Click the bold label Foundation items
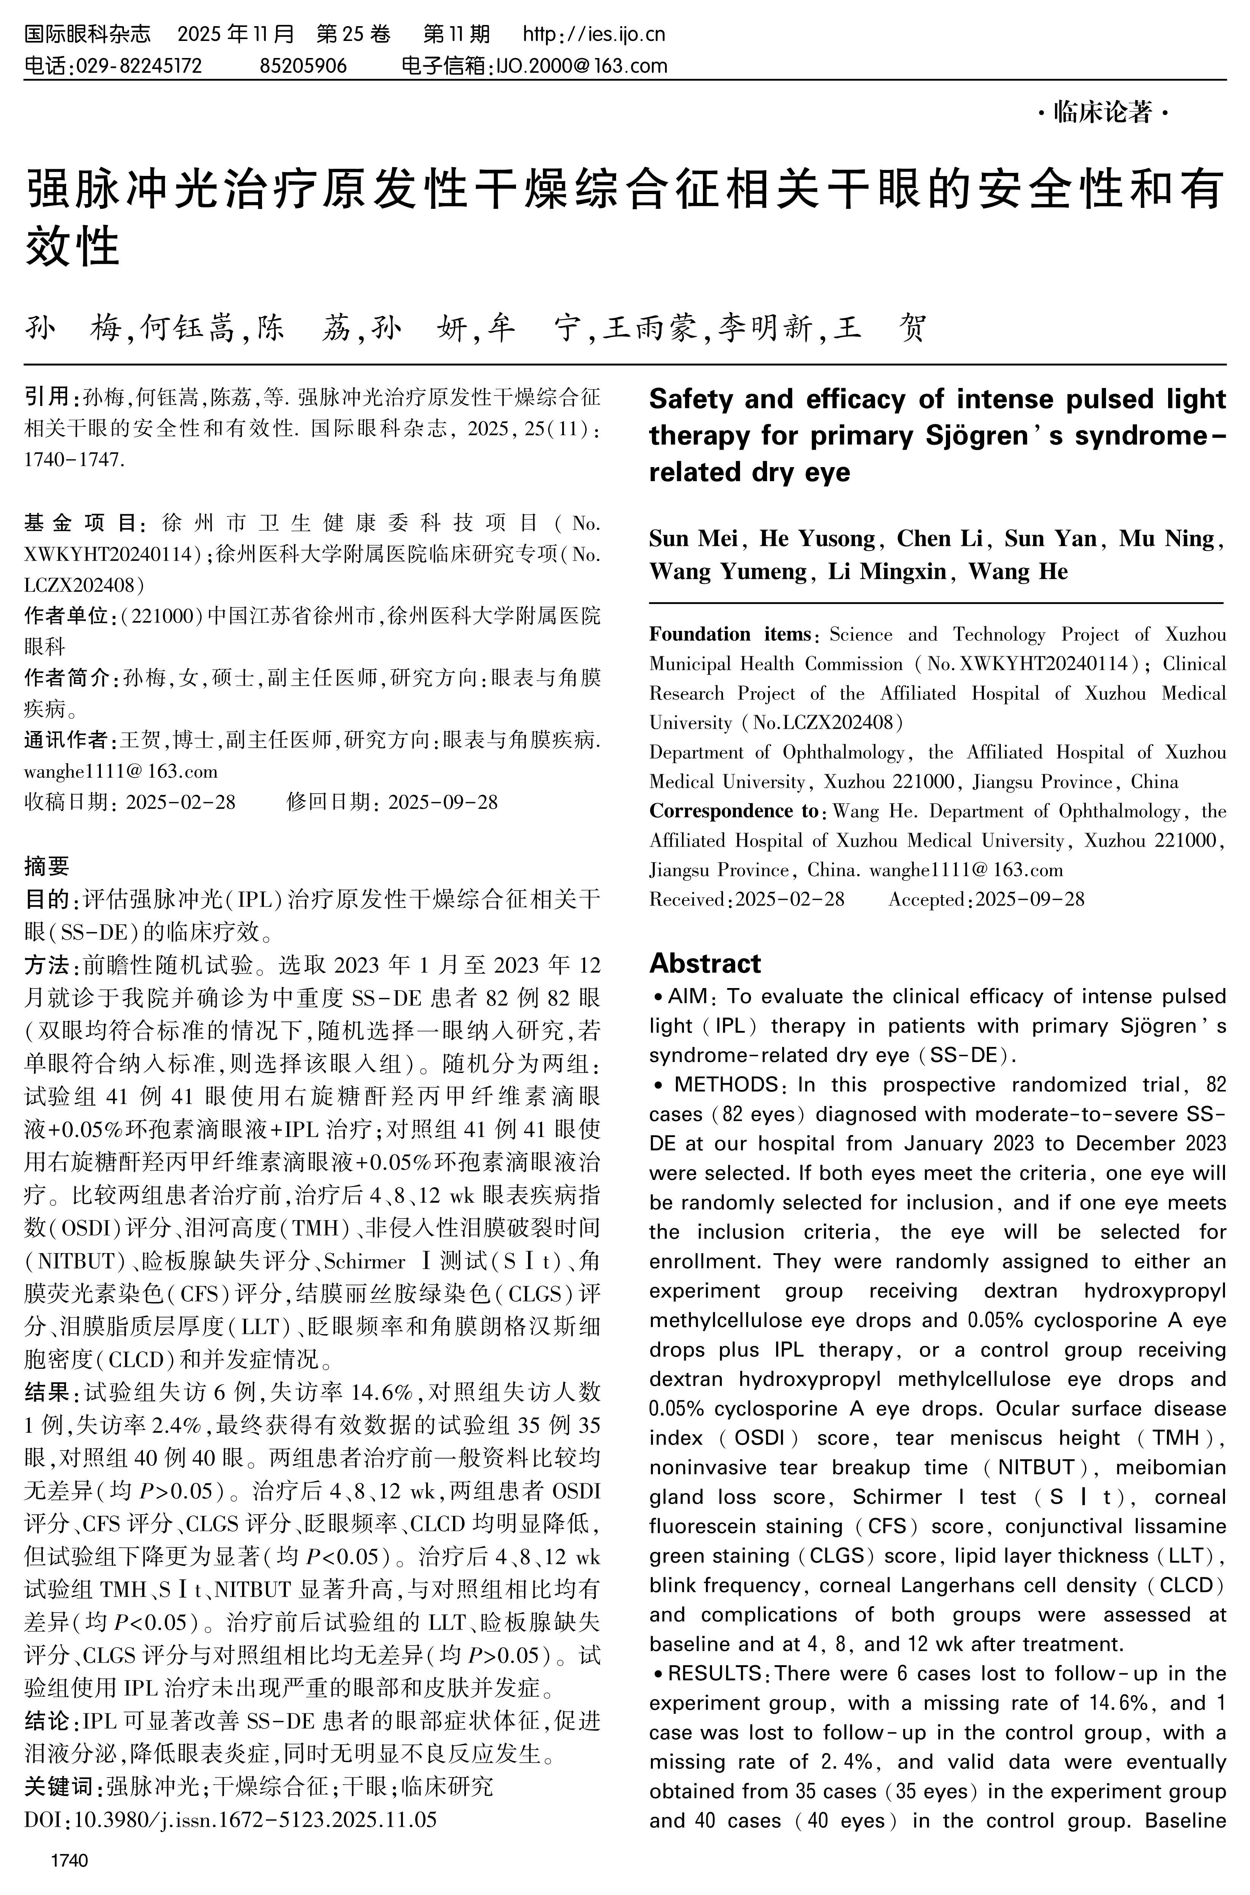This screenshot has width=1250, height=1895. tap(729, 635)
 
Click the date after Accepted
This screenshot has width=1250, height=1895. tap(1030, 899)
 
